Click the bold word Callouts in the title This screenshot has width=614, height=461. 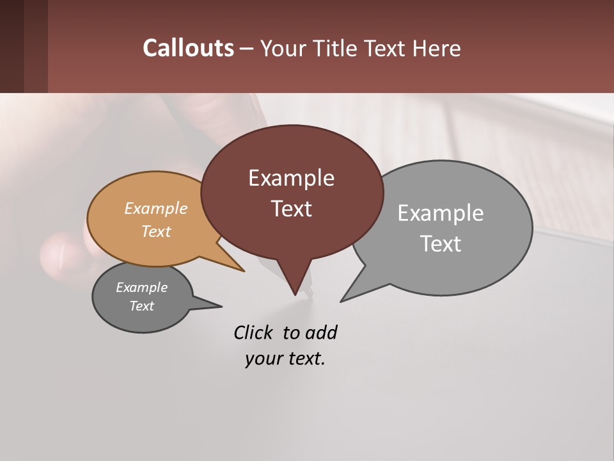click(188, 48)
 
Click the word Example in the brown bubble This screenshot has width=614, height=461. click(291, 178)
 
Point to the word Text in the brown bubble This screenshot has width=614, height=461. click(291, 209)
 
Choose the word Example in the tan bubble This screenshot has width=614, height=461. click(156, 209)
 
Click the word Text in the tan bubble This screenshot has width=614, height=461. click(156, 231)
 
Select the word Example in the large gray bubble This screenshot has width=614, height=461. click(440, 213)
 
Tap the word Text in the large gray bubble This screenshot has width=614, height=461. click(441, 244)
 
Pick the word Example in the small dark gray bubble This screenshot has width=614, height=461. click(142, 287)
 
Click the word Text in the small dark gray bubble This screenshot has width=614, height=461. click(142, 306)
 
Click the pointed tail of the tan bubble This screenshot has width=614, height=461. click(242, 270)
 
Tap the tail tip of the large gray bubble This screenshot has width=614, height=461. click(343, 300)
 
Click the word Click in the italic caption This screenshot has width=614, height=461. click(254, 333)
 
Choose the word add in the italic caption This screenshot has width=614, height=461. click(320, 333)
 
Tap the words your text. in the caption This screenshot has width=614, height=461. click(285, 359)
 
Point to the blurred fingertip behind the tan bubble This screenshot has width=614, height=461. click(61, 253)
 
